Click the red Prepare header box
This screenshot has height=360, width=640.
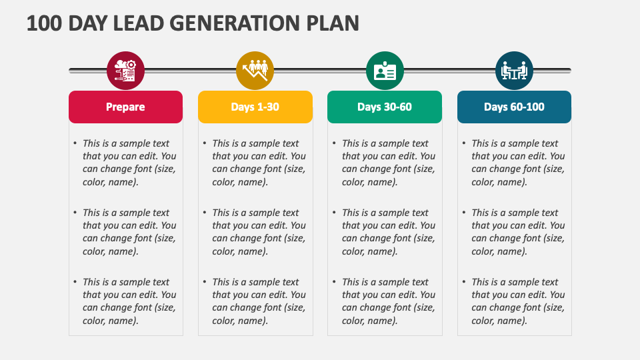[125, 107]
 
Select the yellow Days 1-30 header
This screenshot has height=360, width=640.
[255, 107]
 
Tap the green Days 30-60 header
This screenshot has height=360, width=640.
[384, 107]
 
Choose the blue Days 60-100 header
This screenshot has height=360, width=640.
[514, 107]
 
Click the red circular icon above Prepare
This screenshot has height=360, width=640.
[125, 70]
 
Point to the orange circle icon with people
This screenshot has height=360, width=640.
[255, 70]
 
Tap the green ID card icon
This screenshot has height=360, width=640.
[385, 70]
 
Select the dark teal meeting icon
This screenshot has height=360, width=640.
[514, 70]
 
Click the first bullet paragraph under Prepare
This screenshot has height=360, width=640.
[129, 163]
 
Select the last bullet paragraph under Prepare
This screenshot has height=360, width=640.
[129, 301]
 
